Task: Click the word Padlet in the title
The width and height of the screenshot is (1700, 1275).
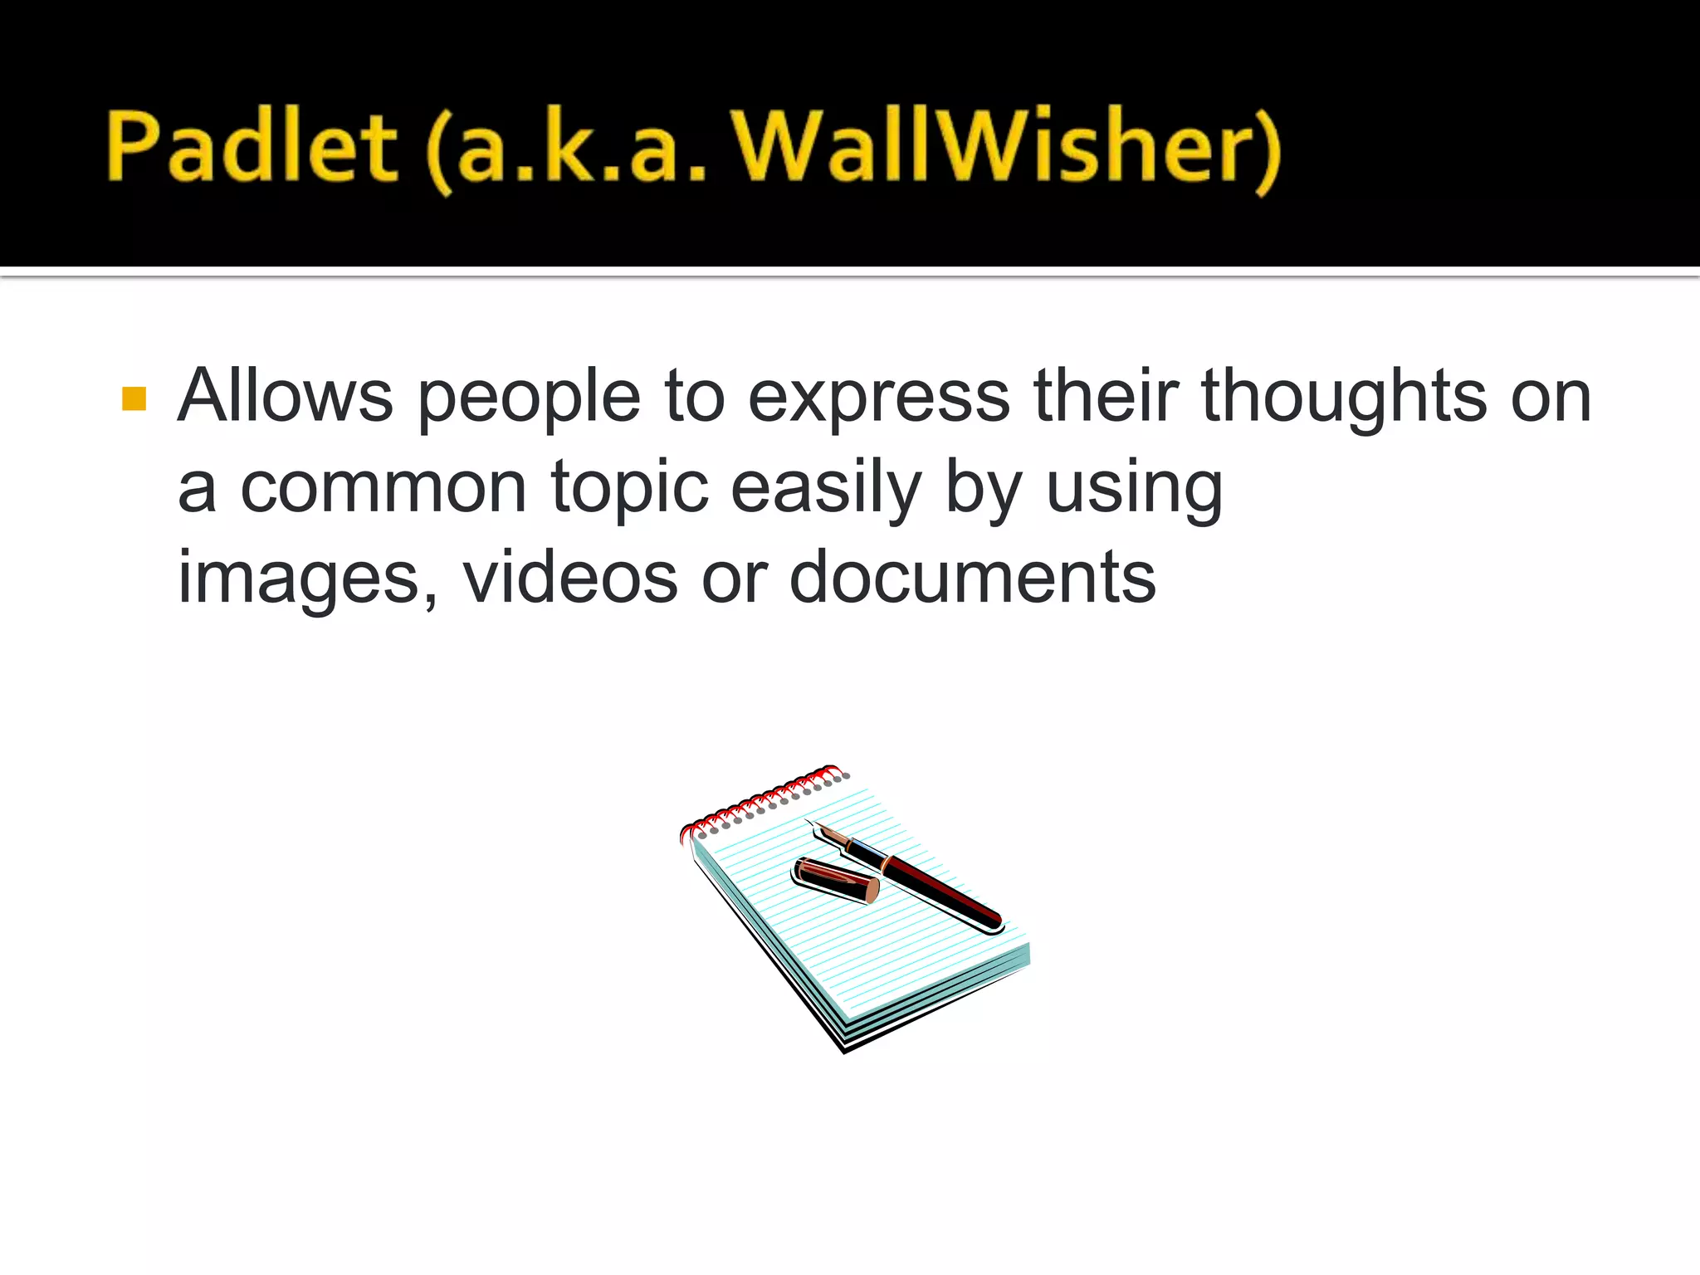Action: [x=252, y=147]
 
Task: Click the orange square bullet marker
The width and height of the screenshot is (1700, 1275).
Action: [x=134, y=398]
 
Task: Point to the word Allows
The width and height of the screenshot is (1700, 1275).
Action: [x=286, y=396]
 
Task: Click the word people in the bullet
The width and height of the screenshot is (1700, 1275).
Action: [x=529, y=398]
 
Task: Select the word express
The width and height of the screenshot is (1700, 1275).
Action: [x=879, y=398]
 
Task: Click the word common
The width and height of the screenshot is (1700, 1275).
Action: [x=383, y=488]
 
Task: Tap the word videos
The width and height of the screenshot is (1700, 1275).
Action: [x=570, y=578]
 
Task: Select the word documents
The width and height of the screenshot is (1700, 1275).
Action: [x=972, y=578]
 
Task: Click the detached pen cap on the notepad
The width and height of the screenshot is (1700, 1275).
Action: [x=835, y=880]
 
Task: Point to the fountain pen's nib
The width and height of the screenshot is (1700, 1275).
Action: [x=831, y=835]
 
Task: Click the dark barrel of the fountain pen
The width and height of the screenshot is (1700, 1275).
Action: [x=946, y=892]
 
